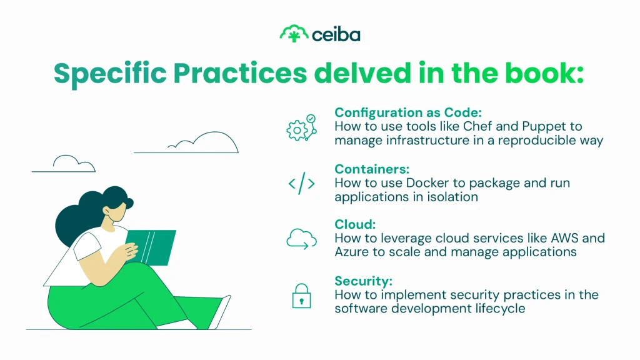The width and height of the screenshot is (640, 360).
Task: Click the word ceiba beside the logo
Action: [336, 34]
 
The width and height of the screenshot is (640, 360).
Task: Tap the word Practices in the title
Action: [240, 73]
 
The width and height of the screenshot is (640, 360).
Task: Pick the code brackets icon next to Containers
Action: [301, 184]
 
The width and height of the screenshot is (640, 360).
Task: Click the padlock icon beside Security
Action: [301, 296]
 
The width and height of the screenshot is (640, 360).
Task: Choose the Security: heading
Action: [363, 281]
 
